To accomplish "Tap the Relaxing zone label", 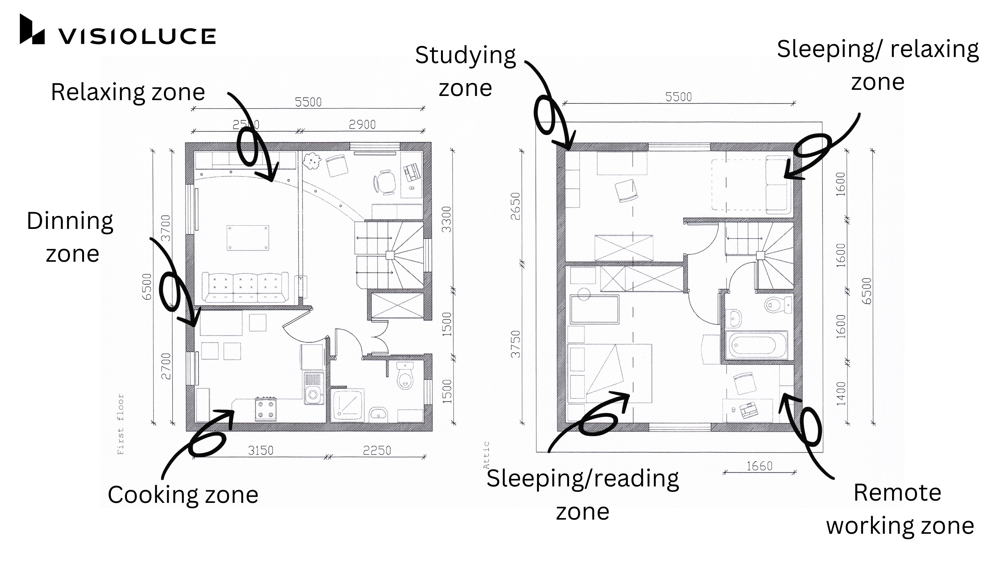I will point(128,92).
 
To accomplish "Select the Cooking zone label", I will point(183,495).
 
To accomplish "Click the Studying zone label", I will point(465,71).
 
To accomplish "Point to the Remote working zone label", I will point(899,509).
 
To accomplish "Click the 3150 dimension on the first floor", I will point(261,450).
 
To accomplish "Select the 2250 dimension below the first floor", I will point(377,450).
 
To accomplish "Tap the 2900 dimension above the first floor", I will point(362,125).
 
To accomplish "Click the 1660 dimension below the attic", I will point(759,466).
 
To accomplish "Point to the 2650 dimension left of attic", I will point(516,206).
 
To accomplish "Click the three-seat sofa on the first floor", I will point(245,287).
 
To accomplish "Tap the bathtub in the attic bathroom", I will point(756,345).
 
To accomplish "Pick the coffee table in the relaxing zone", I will point(248,238).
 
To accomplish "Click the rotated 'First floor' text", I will point(120,424).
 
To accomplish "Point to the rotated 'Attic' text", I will point(486,455).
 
